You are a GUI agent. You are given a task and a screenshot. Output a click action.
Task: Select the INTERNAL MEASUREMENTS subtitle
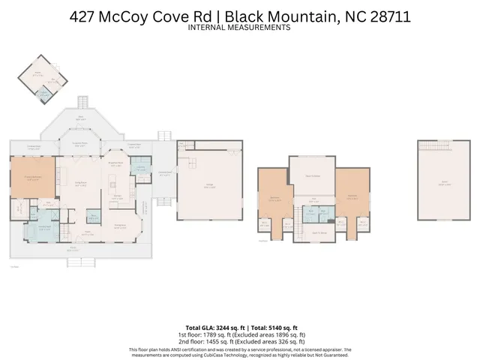[x=240, y=27]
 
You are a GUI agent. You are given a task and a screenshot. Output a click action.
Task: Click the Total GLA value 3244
[x=229, y=328]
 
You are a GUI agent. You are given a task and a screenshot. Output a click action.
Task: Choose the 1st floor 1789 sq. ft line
[x=240, y=334]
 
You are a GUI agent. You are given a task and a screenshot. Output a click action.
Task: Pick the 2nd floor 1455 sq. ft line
[x=240, y=341]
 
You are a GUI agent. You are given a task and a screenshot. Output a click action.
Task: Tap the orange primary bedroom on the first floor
[x=31, y=178]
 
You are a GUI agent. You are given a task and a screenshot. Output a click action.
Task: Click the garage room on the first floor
[x=210, y=183]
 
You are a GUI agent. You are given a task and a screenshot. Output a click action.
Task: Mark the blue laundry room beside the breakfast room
[x=140, y=169]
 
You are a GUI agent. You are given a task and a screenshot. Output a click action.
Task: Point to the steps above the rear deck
[x=83, y=103]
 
